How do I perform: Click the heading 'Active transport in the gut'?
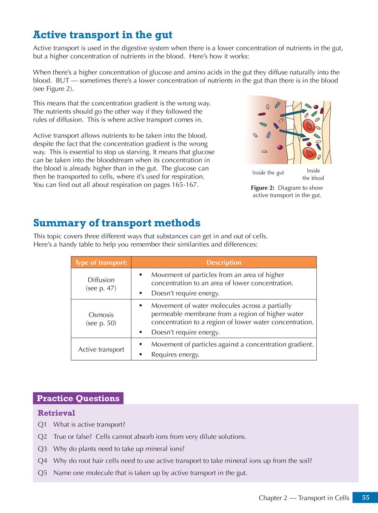click(102, 35)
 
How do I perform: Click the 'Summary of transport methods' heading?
click(117, 223)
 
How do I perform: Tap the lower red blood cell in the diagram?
click(309, 153)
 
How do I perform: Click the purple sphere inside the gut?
click(280, 147)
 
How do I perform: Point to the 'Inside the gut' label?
click(268, 173)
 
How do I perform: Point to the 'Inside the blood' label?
click(313, 174)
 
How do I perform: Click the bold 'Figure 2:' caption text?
click(263, 188)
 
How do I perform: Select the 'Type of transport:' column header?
click(101, 263)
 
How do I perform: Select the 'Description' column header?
click(224, 263)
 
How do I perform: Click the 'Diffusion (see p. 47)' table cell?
click(101, 284)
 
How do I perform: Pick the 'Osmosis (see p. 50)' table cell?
click(101, 319)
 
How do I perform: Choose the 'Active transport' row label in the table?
click(101, 349)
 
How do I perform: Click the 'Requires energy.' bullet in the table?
click(175, 355)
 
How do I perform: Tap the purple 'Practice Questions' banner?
click(78, 398)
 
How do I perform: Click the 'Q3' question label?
click(42, 449)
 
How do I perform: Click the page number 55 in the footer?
click(365, 498)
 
